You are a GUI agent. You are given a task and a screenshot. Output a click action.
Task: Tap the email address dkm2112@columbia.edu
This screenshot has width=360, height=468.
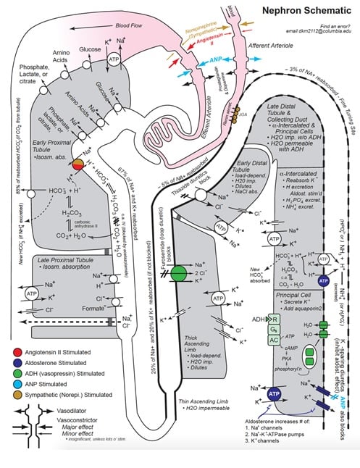coord(318,33)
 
